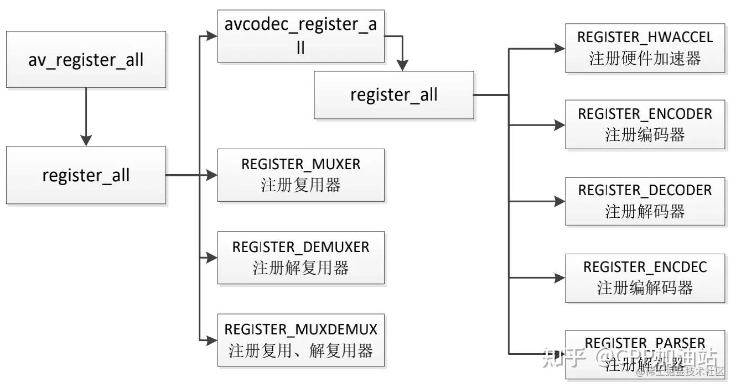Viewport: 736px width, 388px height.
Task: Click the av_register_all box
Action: (86, 59)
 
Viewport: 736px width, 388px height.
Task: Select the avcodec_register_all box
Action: (300, 37)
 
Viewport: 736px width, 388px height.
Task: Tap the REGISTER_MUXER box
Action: (300, 175)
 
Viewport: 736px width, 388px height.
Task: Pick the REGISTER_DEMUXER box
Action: (300, 258)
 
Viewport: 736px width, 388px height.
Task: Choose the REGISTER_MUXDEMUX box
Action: (300, 340)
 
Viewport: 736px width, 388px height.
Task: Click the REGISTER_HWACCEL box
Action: (645, 48)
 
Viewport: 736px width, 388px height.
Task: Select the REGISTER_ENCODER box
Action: (645, 125)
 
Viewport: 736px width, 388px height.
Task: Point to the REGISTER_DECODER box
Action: (645, 201)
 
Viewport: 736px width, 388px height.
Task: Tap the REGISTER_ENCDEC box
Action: (645, 279)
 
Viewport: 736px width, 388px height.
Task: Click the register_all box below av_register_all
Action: (86, 175)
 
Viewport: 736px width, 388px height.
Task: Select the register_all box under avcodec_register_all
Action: (393, 95)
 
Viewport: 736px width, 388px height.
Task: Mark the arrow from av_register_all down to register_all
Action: (86, 116)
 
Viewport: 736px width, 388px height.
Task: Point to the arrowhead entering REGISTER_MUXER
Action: (212, 175)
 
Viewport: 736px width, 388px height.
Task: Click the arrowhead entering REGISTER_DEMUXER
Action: (212, 258)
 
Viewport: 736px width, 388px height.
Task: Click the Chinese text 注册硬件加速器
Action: (645, 59)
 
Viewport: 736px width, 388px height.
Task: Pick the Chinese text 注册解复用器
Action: (300, 269)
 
